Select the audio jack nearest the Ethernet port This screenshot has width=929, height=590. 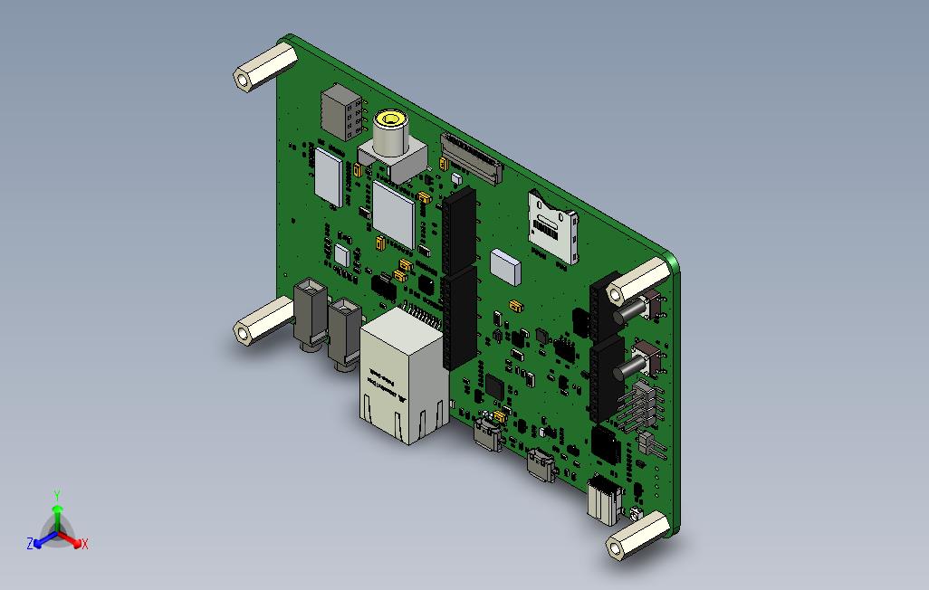click(x=345, y=333)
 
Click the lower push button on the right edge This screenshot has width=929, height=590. click(x=638, y=362)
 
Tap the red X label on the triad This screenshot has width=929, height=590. click(x=85, y=544)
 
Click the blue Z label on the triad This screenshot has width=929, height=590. click(x=30, y=544)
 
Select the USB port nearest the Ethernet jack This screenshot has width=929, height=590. click(x=489, y=433)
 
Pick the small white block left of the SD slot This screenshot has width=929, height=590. click(x=505, y=265)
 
